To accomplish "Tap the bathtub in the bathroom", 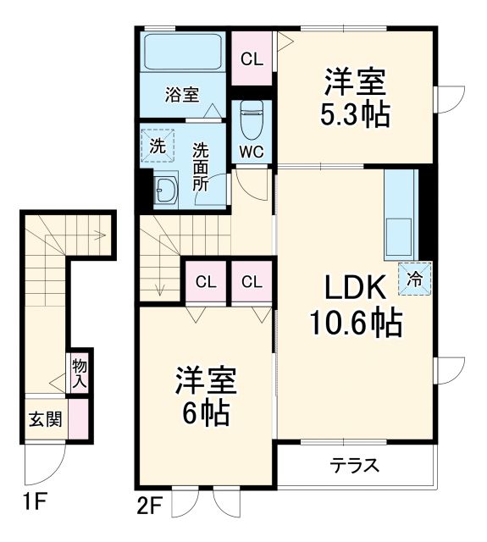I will point(182,53).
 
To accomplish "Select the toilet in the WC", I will point(252,119).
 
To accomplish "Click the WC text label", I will point(252,152).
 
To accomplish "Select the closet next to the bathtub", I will point(251,59).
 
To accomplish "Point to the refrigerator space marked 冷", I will point(416,277).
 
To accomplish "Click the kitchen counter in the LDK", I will point(400,215).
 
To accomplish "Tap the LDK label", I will point(354,289).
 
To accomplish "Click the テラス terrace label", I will point(354,466).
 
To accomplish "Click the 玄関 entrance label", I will point(47,419).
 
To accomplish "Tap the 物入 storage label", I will point(80,373).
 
